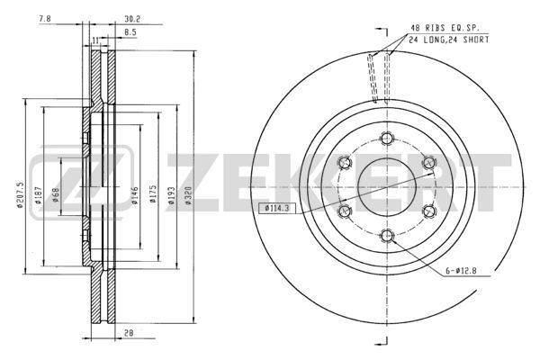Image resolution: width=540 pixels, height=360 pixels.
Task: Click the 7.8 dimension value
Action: [x=45, y=19]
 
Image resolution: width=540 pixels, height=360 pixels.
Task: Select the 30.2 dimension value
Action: [x=132, y=19]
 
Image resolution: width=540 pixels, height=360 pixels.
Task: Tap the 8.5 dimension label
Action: [x=130, y=32]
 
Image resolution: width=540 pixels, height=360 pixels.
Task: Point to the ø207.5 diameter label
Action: [x=21, y=195]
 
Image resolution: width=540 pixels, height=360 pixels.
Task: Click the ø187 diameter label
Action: [x=38, y=195]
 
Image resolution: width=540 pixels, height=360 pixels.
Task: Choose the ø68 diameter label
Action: [x=56, y=195]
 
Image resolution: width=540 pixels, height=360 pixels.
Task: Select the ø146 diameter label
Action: [x=135, y=195]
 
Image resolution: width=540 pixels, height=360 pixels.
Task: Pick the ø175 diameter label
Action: [x=153, y=194]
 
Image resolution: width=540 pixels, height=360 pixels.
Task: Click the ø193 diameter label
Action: [x=171, y=195]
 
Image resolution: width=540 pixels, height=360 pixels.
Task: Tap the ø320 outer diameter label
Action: [x=188, y=195]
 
